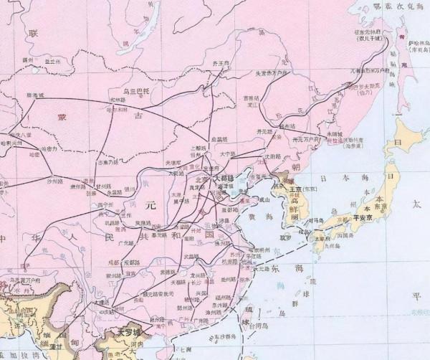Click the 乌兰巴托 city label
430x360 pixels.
click(135, 92)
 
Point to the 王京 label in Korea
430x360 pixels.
click(295, 189)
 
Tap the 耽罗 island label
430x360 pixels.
click(285, 235)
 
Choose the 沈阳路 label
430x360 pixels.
click(270, 156)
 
